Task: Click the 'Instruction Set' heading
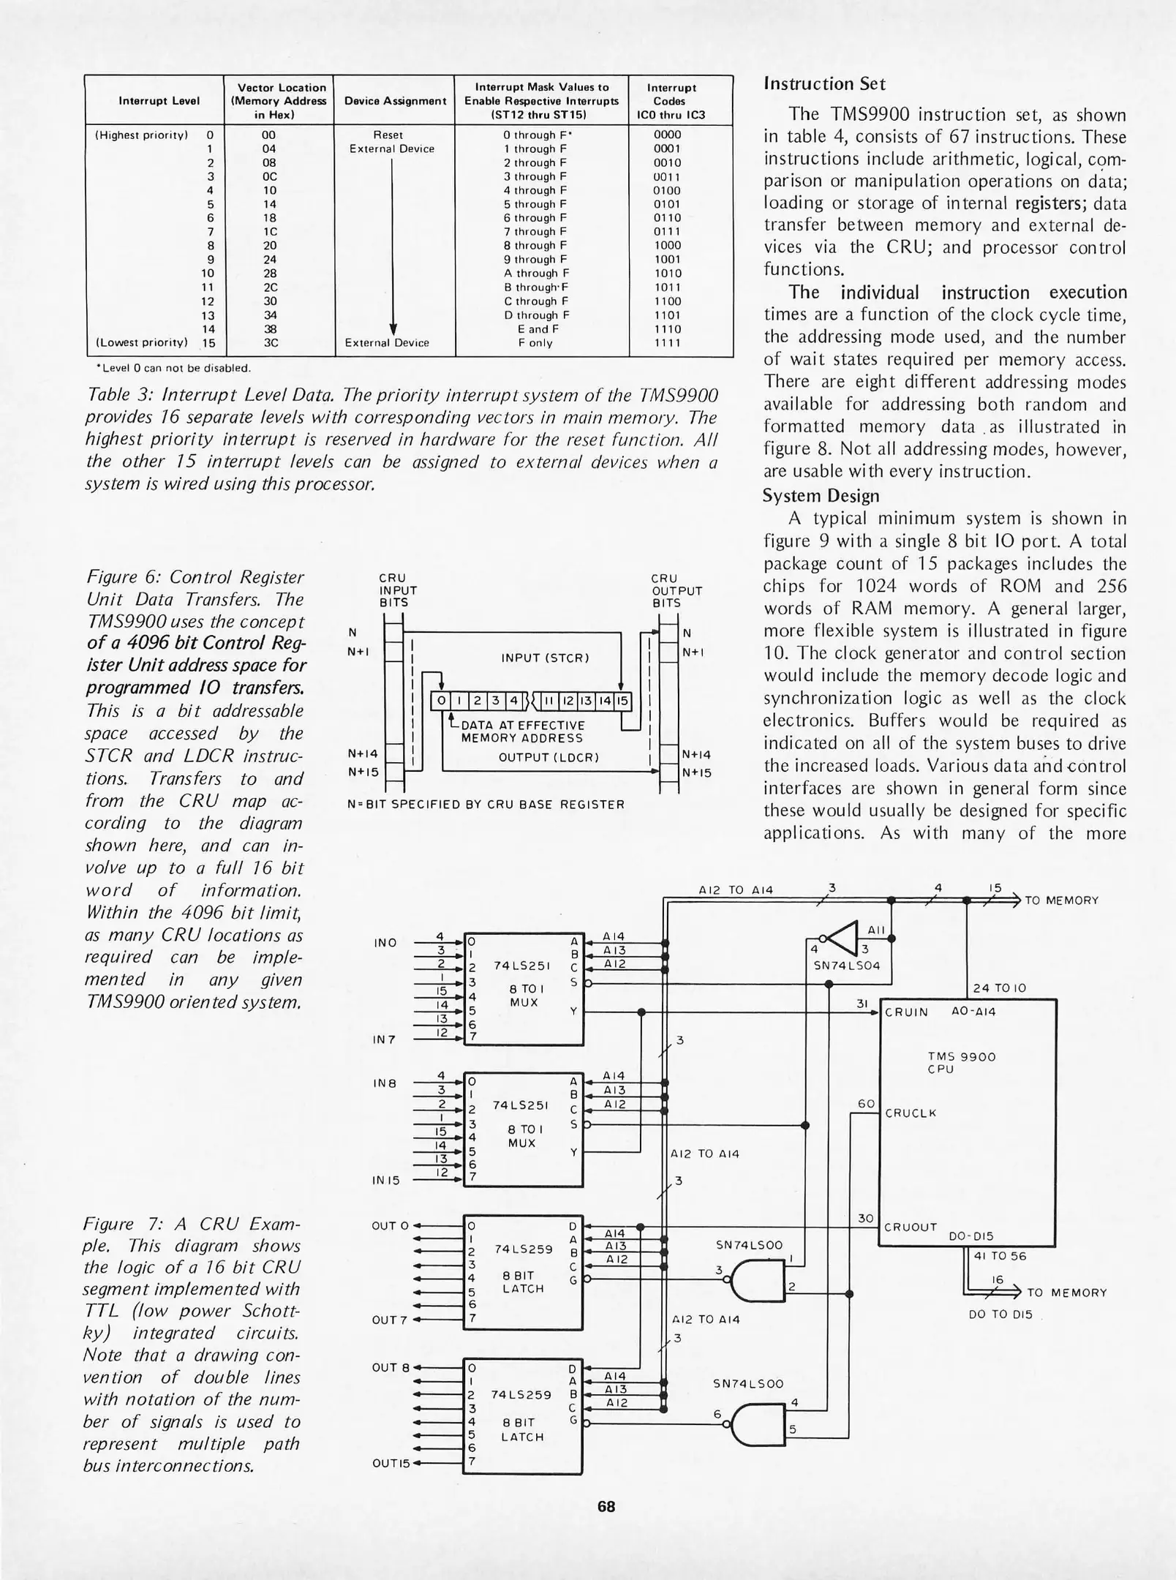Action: click(x=824, y=84)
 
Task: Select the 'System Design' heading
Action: click(x=821, y=496)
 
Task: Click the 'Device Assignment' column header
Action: click(x=395, y=101)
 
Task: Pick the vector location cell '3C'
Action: click(x=269, y=342)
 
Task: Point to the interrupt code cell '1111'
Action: click(x=667, y=342)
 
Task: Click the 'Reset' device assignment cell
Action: click(x=388, y=135)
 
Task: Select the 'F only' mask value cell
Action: click(x=540, y=342)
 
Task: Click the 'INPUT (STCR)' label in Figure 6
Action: click(x=545, y=658)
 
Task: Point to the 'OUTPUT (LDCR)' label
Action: click(x=549, y=757)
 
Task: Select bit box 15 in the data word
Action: click(x=622, y=701)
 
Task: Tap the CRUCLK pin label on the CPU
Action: click(x=911, y=1113)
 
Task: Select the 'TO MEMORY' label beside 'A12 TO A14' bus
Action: click(x=1061, y=900)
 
